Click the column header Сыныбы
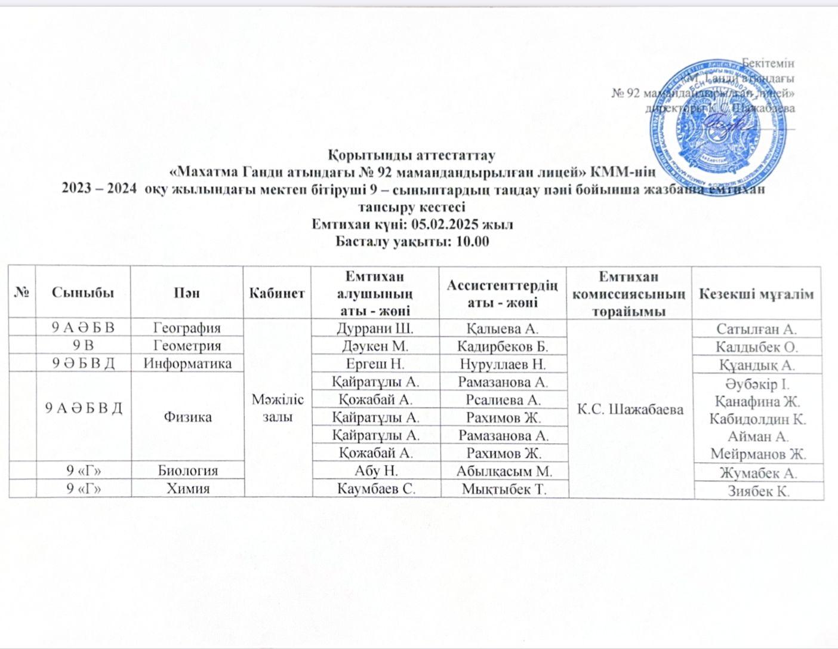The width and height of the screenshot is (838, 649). (83, 293)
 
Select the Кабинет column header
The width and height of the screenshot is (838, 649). (277, 293)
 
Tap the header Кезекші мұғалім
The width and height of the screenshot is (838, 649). (756, 293)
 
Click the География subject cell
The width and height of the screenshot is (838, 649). (187, 328)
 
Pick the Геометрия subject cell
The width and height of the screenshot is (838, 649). (187, 346)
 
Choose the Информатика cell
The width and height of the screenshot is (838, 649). (187, 364)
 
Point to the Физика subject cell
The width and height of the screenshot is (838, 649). (187, 416)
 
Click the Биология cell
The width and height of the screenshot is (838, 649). (187, 470)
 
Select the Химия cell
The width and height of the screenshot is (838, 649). (187, 488)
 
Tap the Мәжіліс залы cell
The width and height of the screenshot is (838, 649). (277, 408)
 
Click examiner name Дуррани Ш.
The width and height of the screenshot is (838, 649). (375, 328)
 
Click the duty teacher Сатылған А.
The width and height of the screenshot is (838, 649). (757, 328)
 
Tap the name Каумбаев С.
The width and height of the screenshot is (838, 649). (376, 488)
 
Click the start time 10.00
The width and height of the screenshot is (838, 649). (472, 241)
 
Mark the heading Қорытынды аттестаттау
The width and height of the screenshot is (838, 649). (412, 156)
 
